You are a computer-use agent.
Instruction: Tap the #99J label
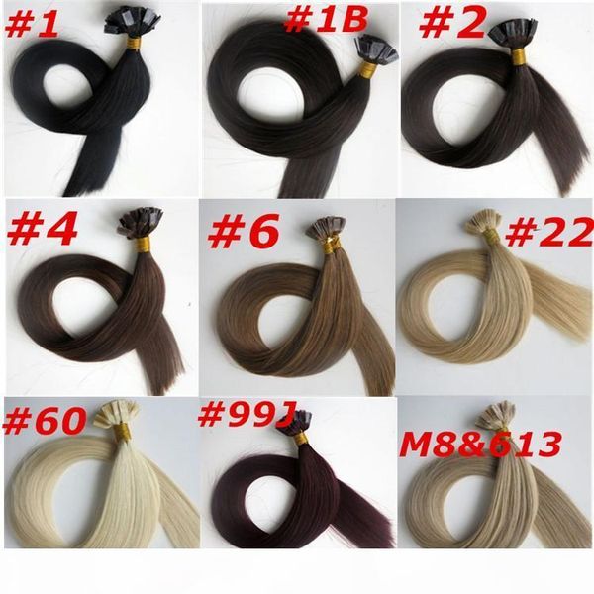250,415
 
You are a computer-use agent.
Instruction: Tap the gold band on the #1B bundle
366,71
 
